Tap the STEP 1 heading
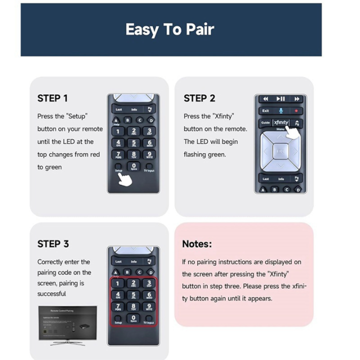coord(52,98)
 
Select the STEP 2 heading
coord(199,98)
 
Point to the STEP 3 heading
coord(53,244)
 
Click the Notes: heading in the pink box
coord(196,244)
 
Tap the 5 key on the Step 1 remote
coord(133,142)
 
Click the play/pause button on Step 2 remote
coord(281,99)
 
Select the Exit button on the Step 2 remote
coord(265,110)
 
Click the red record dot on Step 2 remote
coord(297,110)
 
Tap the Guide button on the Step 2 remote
coord(265,122)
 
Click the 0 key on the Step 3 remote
coord(133,318)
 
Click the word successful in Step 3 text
coord(51,294)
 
